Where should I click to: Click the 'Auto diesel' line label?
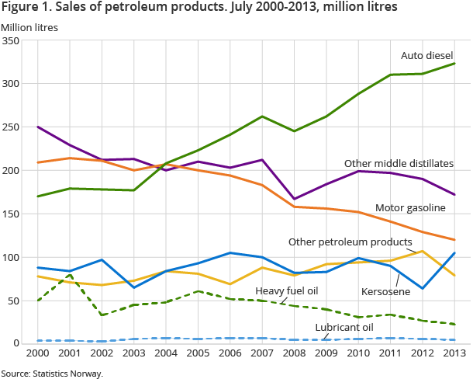coord(426,55)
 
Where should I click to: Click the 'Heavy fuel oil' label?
coord(287,290)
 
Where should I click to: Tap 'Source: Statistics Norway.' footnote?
coord(51,374)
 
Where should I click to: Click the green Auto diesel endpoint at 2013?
coord(454,64)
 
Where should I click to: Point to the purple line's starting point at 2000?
coord(38,127)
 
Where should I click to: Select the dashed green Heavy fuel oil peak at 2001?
coord(70,275)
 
